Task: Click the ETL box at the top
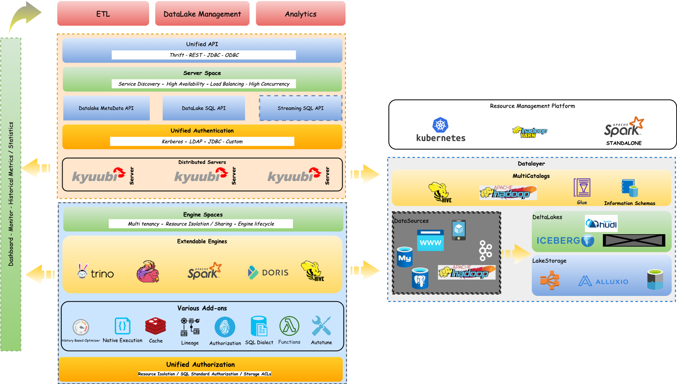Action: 103,14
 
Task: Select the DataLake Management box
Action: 202,14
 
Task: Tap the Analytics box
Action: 301,14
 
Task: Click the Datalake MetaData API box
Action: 106,108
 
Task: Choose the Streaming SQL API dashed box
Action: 301,108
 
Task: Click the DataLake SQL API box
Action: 204,108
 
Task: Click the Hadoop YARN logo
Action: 528,132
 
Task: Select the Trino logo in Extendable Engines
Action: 96,272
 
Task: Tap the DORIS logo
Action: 268,272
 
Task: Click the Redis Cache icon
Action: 156,326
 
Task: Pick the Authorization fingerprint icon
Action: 225,327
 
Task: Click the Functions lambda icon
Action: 289,326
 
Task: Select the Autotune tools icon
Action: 321,326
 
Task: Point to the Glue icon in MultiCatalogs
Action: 582,188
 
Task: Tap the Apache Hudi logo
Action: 601,223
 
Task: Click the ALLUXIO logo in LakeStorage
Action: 603,281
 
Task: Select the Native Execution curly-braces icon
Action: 122,326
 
